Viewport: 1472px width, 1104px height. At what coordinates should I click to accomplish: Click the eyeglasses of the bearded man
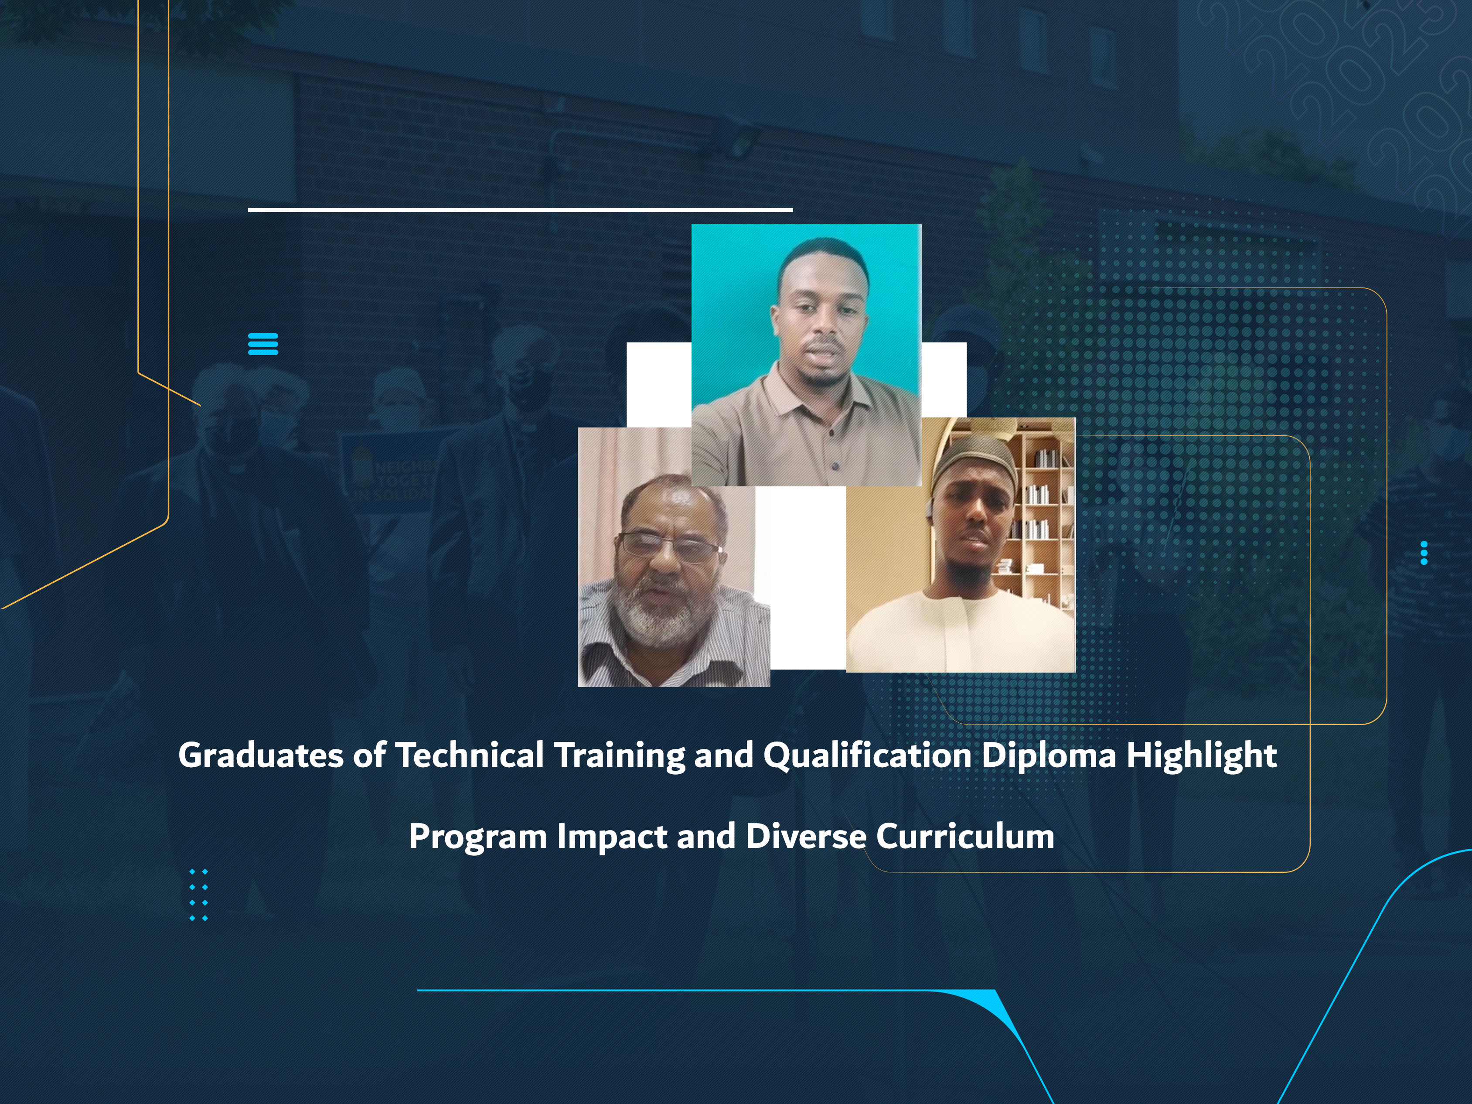click(669, 547)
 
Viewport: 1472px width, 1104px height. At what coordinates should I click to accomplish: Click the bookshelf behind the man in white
click(1042, 513)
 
